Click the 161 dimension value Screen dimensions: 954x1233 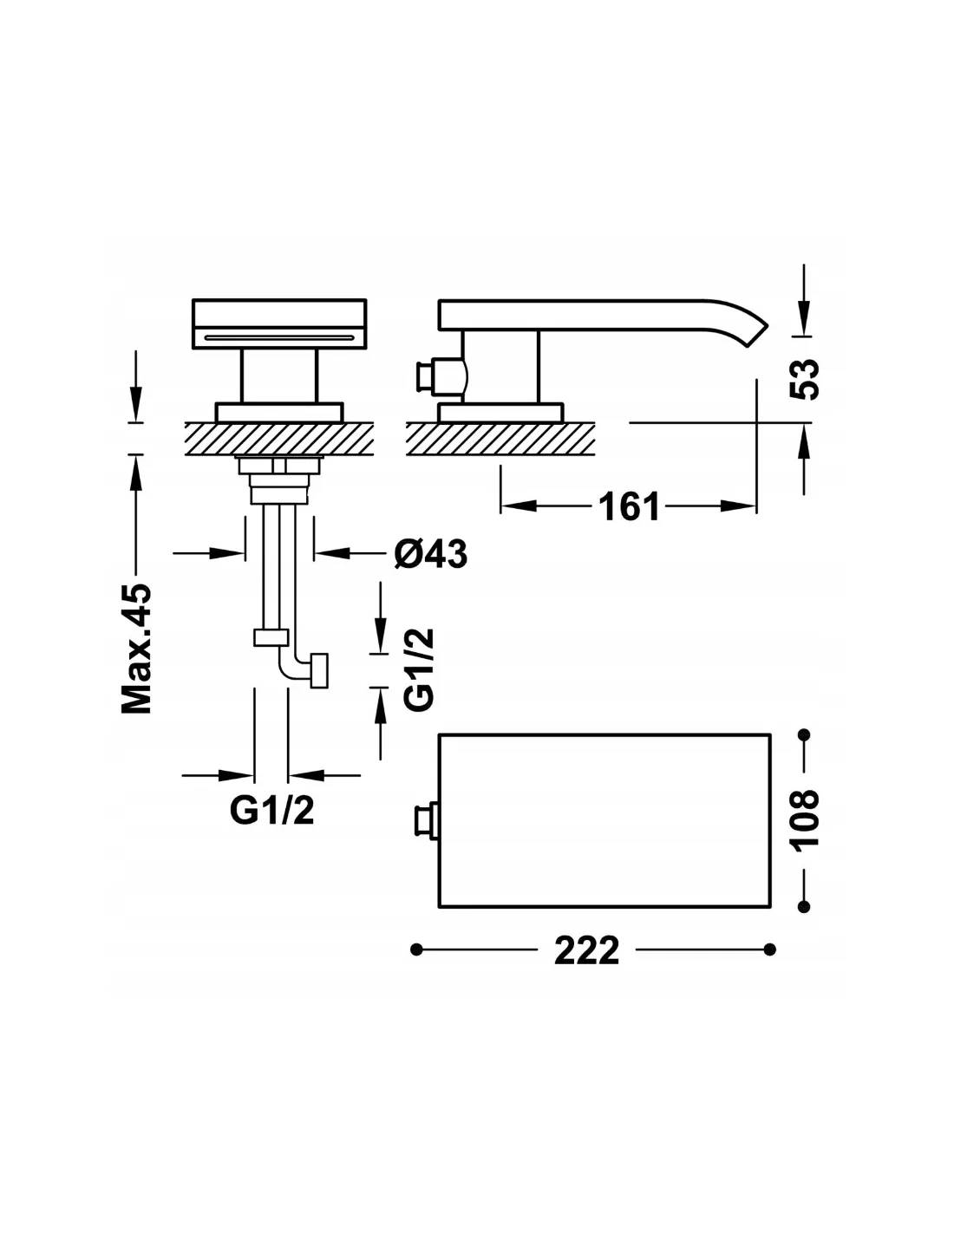(x=629, y=506)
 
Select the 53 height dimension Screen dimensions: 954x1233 (x=805, y=379)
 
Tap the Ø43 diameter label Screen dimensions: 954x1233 (x=431, y=554)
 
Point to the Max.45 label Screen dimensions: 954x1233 (x=137, y=648)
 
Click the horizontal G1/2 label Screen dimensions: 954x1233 (x=271, y=812)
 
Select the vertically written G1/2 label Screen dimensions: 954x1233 (x=419, y=669)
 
